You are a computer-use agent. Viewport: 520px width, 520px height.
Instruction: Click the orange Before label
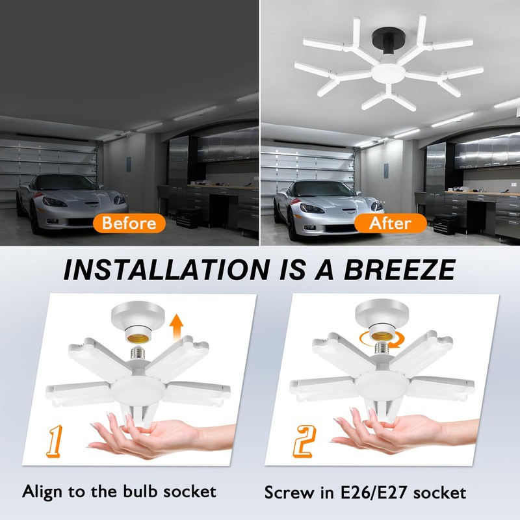(129, 223)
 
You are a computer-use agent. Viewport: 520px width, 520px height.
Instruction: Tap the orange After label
(390, 223)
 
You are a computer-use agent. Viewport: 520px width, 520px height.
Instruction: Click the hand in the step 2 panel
(416, 432)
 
